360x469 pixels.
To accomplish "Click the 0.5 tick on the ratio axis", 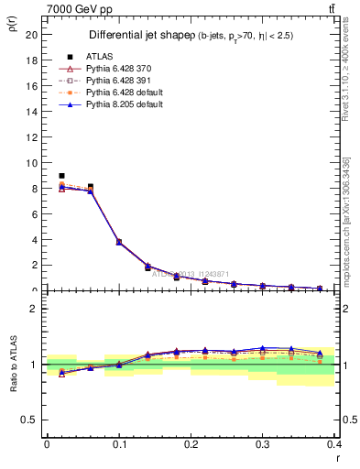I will (31, 420).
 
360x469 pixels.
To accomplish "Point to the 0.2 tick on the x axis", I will (191, 443).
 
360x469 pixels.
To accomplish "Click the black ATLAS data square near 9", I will (61, 176).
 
